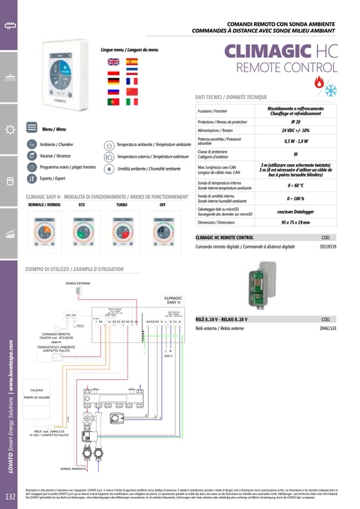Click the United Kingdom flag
click(114, 62)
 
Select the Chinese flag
click(132, 91)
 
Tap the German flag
click(114, 81)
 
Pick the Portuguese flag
click(114, 101)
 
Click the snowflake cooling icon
click(331, 90)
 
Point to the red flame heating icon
click(319, 82)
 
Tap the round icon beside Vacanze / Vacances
click(32, 156)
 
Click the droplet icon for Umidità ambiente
click(108, 169)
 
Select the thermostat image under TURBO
click(122, 228)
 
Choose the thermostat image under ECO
click(82, 228)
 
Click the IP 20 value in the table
click(295, 122)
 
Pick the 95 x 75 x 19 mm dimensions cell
click(295, 222)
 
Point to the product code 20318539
click(328, 247)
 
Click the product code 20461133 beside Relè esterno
click(328, 329)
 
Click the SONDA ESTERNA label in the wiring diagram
click(78, 283)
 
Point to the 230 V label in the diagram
click(168, 356)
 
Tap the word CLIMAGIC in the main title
click(267, 51)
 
